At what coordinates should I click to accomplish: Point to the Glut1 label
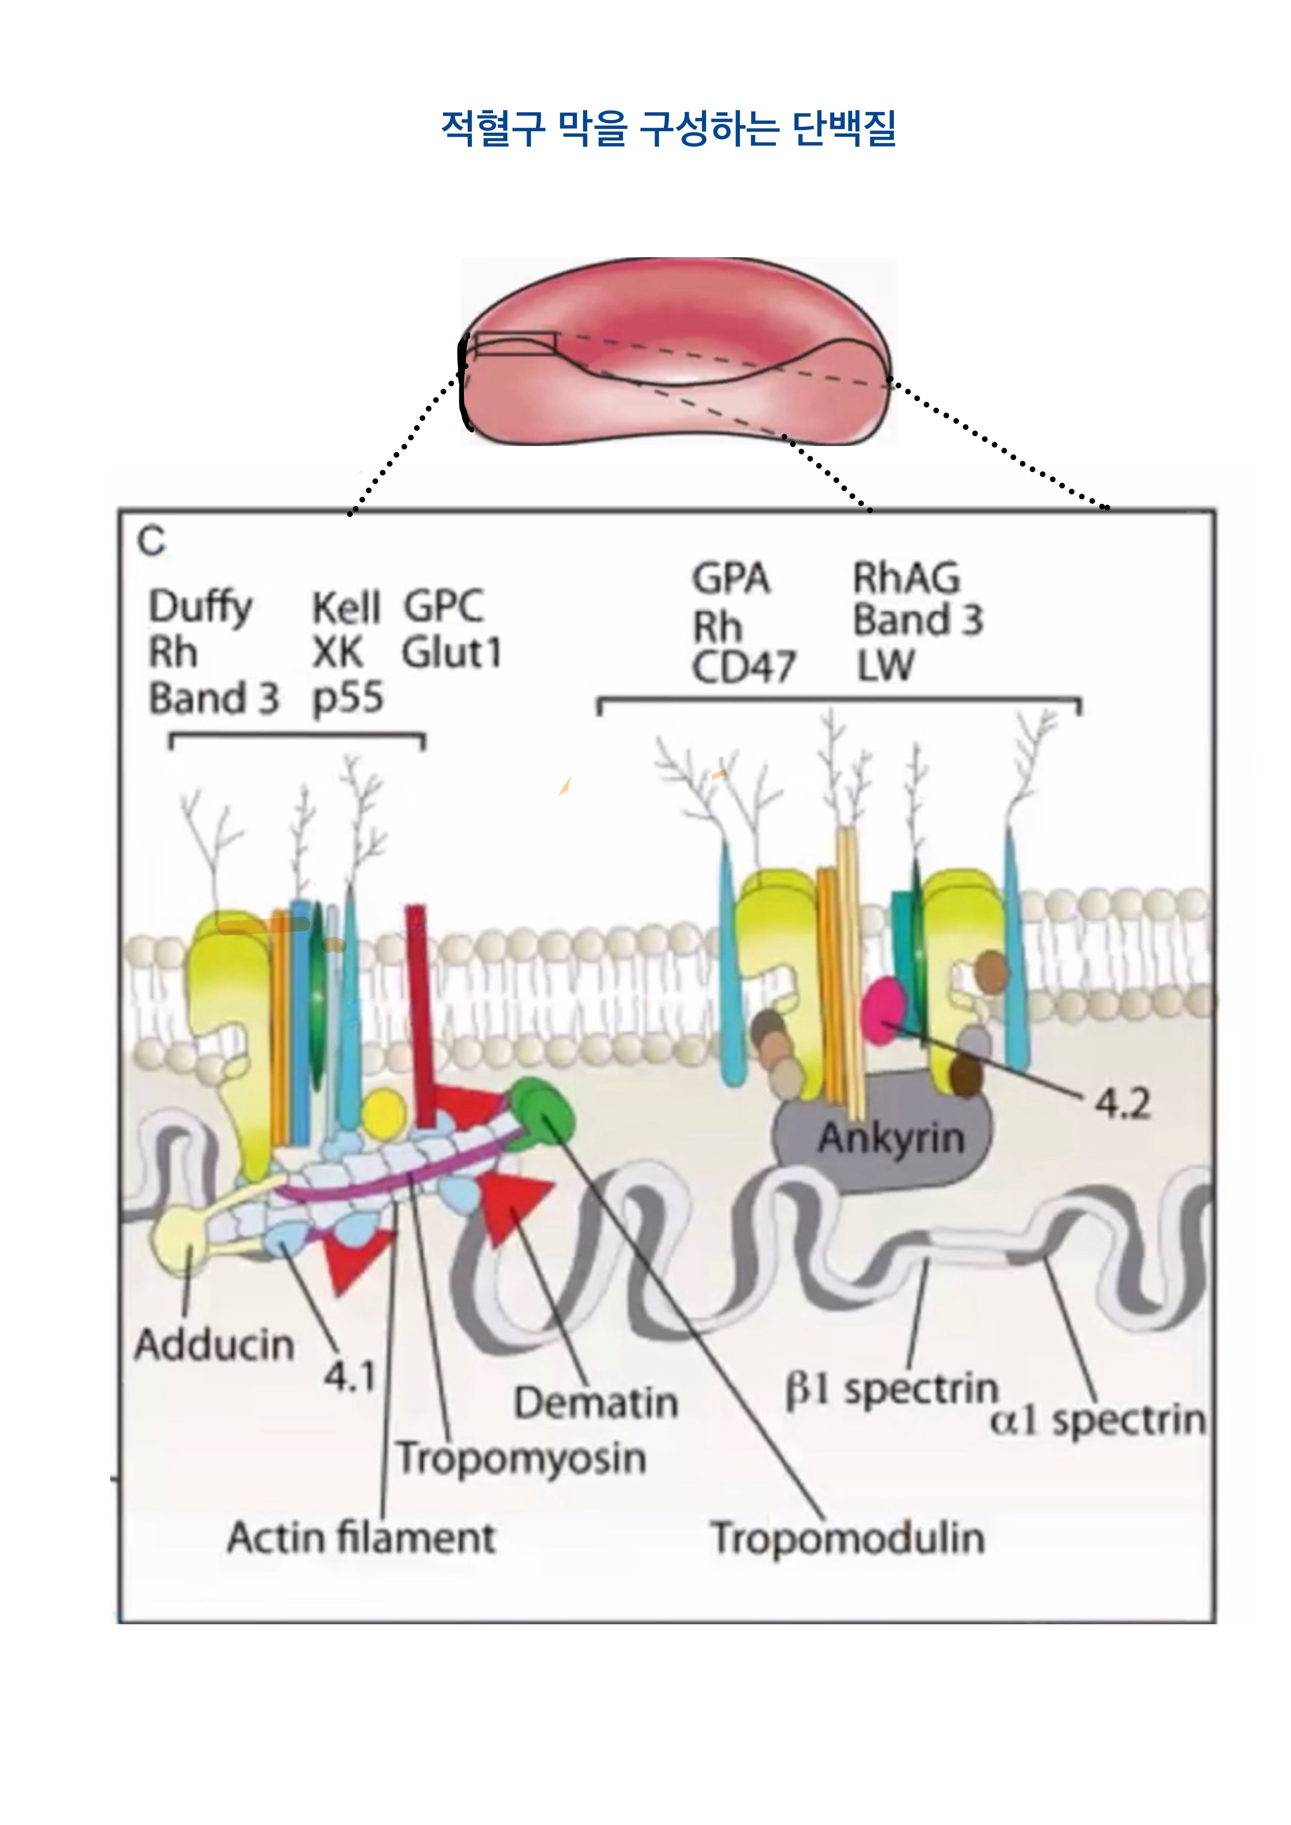pyautogui.click(x=451, y=653)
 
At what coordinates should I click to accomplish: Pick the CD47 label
pyautogui.click(x=743, y=666)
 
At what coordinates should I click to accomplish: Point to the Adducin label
pyautogui.click(x=214, y=1345)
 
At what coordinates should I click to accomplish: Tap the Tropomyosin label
pyautogui.click(x=521, y=1459)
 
